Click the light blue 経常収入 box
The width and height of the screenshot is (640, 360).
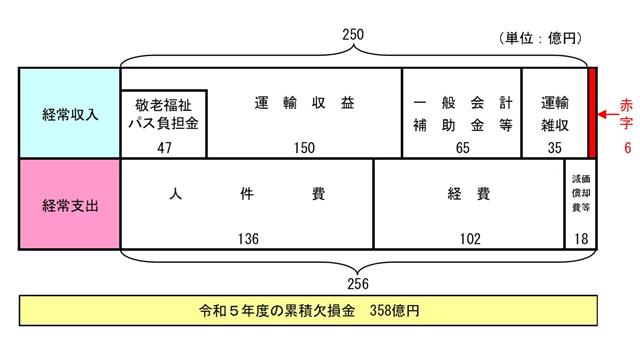coord(69,112)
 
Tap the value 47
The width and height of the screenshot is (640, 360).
coord(163,147)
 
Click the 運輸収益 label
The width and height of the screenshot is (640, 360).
coord(304,102)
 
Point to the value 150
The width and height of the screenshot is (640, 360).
coord(304,147)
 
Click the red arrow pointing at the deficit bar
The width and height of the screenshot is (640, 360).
coord(609,114)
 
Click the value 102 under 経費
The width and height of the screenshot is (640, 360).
coord(469,240)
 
